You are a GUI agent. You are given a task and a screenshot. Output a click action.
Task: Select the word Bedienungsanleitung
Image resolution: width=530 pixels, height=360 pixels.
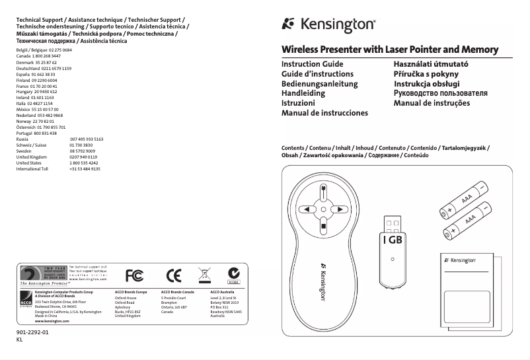pyautogui.click(x=319, y=85)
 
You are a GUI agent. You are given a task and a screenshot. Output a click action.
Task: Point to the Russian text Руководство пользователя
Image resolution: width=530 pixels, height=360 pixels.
pyautogui.click(x=441, y=94)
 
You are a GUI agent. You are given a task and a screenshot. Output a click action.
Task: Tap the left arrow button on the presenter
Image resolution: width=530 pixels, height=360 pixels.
pyautogui.click(x=307, y=209)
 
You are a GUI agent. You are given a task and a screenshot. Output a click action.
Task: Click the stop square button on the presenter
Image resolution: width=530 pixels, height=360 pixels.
pyautogui.click(x=322, y=227)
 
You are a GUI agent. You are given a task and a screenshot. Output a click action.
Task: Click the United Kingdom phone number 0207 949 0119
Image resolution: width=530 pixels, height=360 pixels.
pyautogui.click(x=83, y=157)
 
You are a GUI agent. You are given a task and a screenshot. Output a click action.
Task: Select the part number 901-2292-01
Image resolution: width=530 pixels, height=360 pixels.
pyautogui.click(x=32, y=334)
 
